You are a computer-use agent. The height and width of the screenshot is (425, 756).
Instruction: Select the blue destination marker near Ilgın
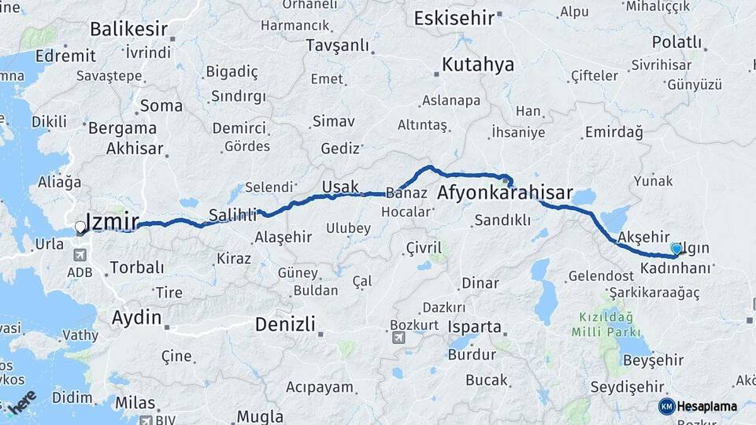[676, 249]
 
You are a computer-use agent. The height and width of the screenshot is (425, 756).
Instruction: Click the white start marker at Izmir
[80, 227]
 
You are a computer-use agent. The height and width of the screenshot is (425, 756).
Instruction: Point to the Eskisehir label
[454, 17]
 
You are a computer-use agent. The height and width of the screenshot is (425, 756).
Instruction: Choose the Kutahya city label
[478, 64]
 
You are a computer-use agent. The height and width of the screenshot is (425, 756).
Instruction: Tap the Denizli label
[285, 323]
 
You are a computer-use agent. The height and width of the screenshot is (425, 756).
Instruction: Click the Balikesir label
[128, 30]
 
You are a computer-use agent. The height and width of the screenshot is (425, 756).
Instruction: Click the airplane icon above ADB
[80, 255]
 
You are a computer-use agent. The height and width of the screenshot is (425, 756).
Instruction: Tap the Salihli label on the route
[232, 214]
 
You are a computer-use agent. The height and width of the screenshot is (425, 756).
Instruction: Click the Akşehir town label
[643, 237]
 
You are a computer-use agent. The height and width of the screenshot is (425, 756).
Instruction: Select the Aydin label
[137, 318]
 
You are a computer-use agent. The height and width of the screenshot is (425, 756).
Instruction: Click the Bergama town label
[122, 128]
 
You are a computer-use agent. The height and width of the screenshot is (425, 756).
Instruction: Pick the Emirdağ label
[615, 133]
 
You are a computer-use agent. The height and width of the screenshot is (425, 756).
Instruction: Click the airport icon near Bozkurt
[398, 337]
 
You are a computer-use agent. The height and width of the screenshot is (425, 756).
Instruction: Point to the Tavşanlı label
[337, 45]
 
